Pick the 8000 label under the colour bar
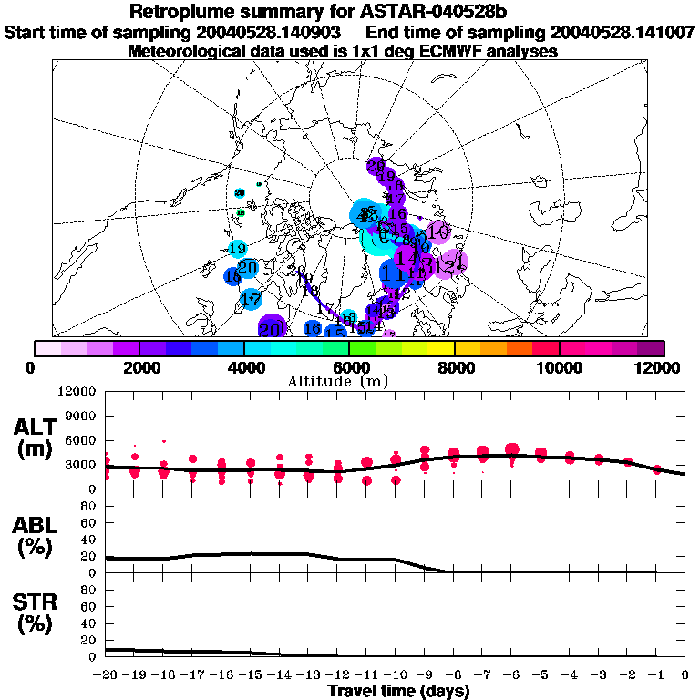click(453, 367)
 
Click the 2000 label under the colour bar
click(138, 367)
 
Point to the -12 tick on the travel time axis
click(337, 674)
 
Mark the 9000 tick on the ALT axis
click(81, 416)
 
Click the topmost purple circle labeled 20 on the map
click(376, 166)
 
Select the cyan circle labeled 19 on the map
click(238, 248)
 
